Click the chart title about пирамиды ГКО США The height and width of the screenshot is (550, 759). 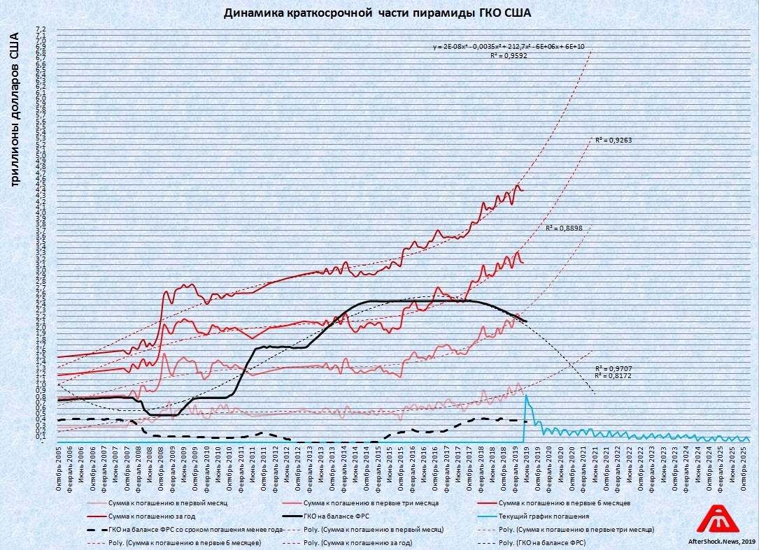[378, 13]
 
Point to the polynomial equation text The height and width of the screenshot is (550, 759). [509, 46]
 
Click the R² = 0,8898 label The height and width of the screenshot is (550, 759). [563, 228]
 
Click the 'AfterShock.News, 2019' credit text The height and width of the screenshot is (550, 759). [717, 541]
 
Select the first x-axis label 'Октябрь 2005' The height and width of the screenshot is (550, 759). [60, 469]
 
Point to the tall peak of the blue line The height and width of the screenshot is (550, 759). [525, 396]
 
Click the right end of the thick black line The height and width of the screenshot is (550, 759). [526, 321]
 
